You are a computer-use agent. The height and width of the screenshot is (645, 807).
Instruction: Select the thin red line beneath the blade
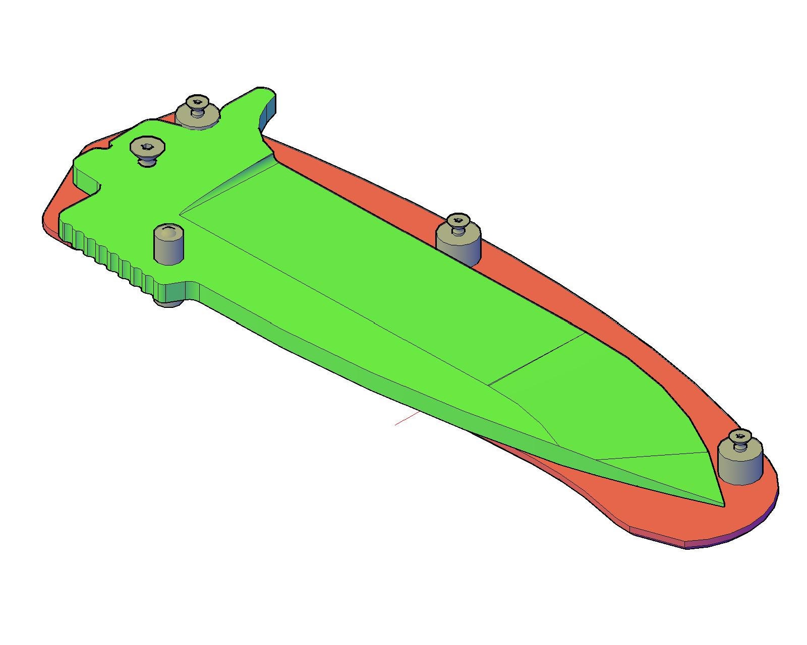(x=407, y=419)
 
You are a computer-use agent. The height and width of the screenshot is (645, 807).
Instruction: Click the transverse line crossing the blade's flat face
(x=537, y=358)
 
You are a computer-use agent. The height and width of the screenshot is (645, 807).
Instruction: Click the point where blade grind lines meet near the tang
(x=181, y=215)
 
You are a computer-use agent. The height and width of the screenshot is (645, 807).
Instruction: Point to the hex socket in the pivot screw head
(x=147, y=147)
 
